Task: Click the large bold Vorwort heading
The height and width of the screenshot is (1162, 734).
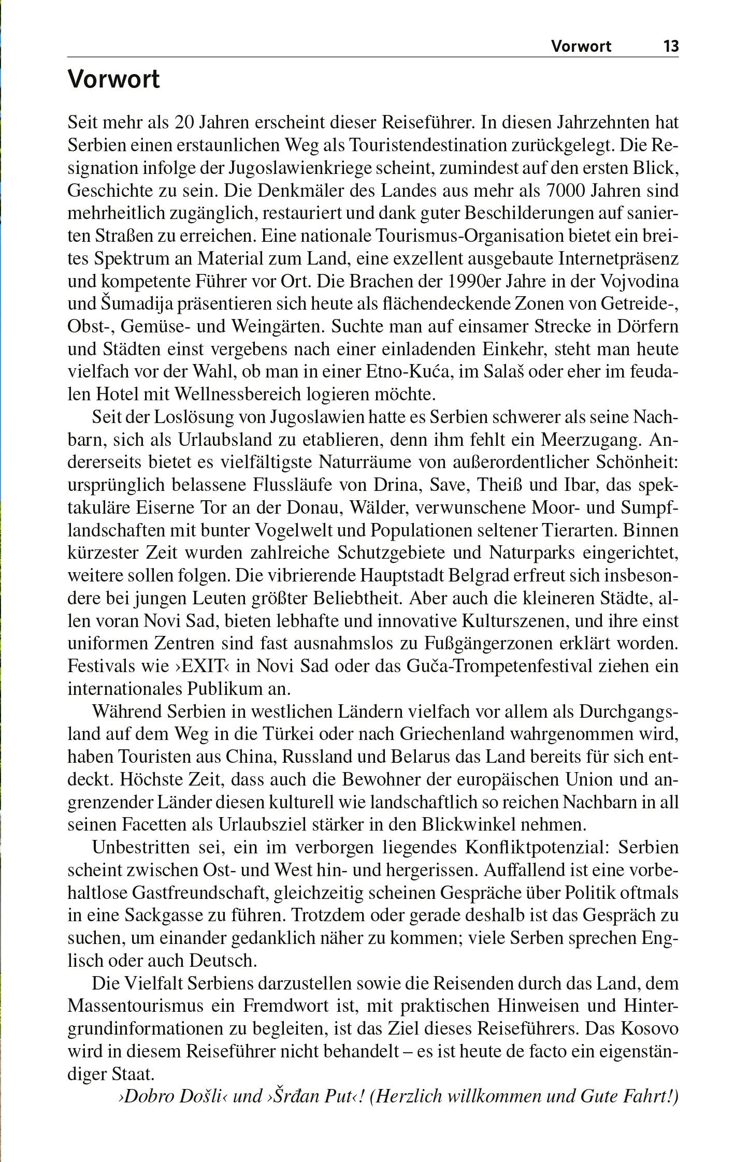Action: (x=114, y=80)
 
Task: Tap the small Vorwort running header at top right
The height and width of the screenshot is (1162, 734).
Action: (x=581, y=47)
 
